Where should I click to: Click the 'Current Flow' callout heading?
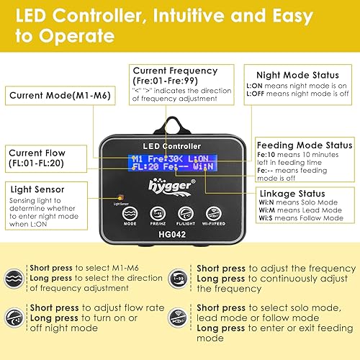[x=38, y=153]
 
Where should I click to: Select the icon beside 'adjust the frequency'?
[x=183, y=278]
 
